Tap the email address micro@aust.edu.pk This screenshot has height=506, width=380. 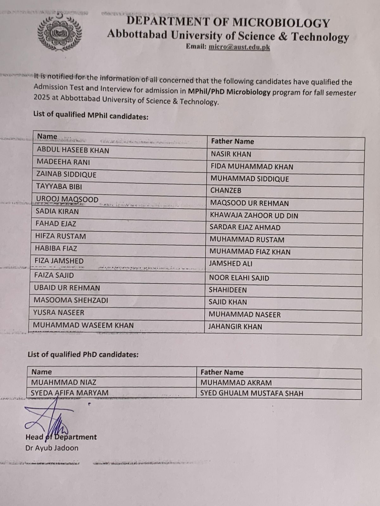(x=239, y=47)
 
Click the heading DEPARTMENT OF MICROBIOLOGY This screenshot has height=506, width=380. (x=228, y=22)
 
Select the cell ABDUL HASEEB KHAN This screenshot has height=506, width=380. (x=73, y=150)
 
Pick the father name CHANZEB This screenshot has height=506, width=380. (x=226, y=190)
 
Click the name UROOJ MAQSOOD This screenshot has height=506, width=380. (x=67, y=199)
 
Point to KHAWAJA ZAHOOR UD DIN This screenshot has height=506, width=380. (x=254, y=216)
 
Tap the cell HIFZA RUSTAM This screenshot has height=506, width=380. (x=60, y=236)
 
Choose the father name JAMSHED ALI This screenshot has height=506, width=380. (x=231, y=263)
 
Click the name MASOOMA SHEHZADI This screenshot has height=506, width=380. (x=71, y=300)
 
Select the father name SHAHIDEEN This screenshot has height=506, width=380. (x=228, y=290)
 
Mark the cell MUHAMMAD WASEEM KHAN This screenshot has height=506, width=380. (x=83, y=325)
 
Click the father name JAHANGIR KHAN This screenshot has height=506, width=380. (x=235, y=327)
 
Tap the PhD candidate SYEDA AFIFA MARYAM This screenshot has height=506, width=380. (x=70, y=393)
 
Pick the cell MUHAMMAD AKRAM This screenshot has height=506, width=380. (x=236, y=383)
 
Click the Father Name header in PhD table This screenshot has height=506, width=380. (x=222, y=373)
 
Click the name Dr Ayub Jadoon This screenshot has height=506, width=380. (x=52, y=448)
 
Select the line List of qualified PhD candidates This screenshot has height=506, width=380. (x=83, y=355)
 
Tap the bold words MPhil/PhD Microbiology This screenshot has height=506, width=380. (x=229, y=92)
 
